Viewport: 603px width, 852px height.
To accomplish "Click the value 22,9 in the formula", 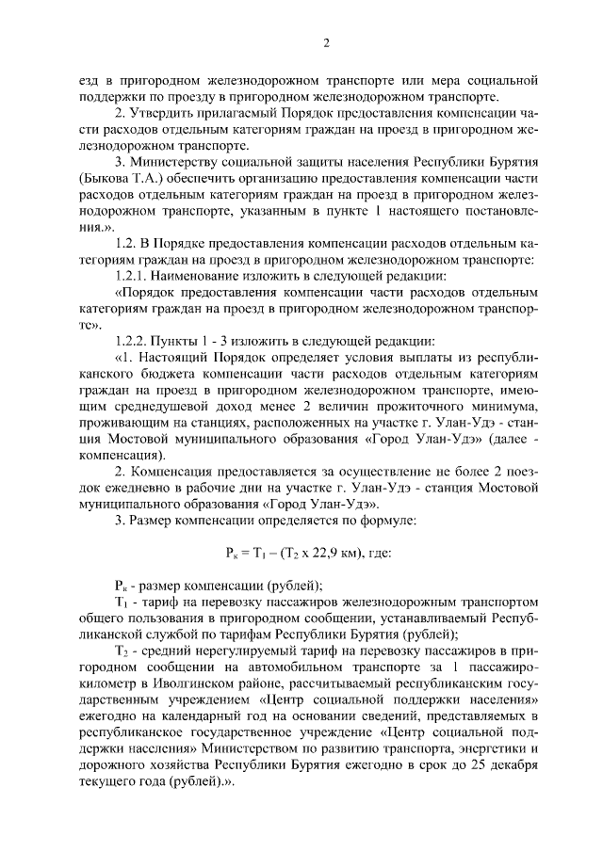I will click(325, 552).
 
